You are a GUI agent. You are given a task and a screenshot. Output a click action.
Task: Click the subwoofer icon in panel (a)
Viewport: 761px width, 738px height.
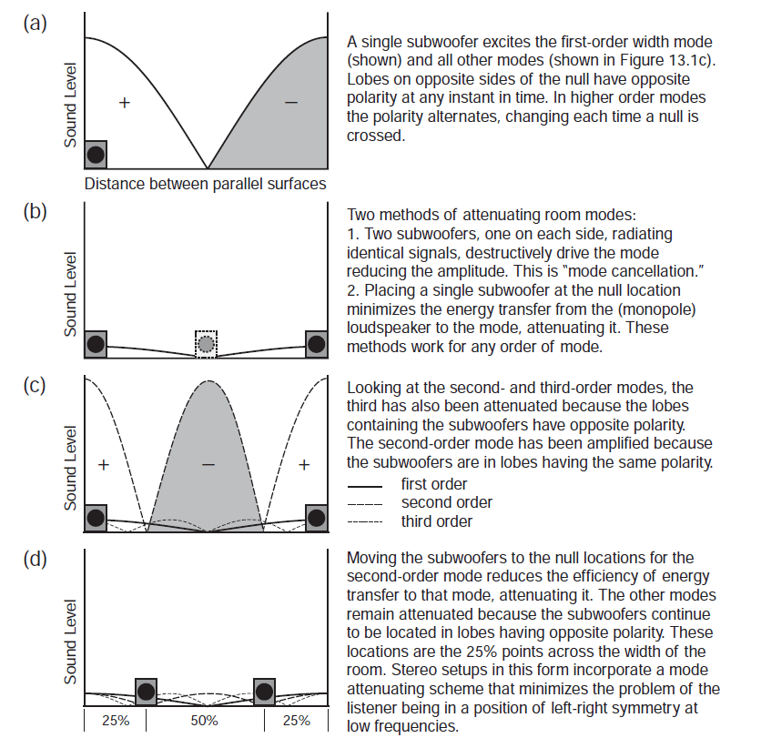coord(96,155)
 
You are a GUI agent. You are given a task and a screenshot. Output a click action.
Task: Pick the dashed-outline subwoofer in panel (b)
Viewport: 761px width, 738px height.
coord(207,344)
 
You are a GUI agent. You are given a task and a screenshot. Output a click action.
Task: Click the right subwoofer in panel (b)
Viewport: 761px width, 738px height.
coord(316,343)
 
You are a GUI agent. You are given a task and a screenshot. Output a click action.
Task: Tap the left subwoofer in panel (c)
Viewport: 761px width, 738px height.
coord(96,518)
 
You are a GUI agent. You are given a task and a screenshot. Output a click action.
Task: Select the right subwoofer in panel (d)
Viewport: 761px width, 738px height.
coord(264,692)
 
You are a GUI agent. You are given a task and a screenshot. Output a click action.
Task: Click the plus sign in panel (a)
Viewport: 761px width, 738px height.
coord(126,104)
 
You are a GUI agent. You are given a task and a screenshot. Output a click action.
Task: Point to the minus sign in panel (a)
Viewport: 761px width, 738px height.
coord(290,104)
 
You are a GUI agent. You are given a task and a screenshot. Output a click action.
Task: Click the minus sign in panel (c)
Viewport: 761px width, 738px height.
coord(208,464)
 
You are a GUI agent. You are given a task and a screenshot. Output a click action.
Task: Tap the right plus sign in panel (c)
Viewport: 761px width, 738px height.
coord(304,464)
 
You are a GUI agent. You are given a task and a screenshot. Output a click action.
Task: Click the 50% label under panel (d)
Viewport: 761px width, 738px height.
coord(204,721)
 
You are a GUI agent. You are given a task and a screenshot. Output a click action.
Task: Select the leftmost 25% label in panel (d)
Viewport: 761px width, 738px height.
coord(116,721)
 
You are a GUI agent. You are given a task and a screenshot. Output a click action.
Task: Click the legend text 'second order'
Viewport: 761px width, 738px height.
coord(446,502)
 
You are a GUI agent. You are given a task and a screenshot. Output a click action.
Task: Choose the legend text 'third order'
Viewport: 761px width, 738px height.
coord(437,521)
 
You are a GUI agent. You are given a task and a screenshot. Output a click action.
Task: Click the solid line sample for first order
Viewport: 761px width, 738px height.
coord(364,485)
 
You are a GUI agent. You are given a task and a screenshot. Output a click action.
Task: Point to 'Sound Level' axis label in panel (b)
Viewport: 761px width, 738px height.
coord(70,294)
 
